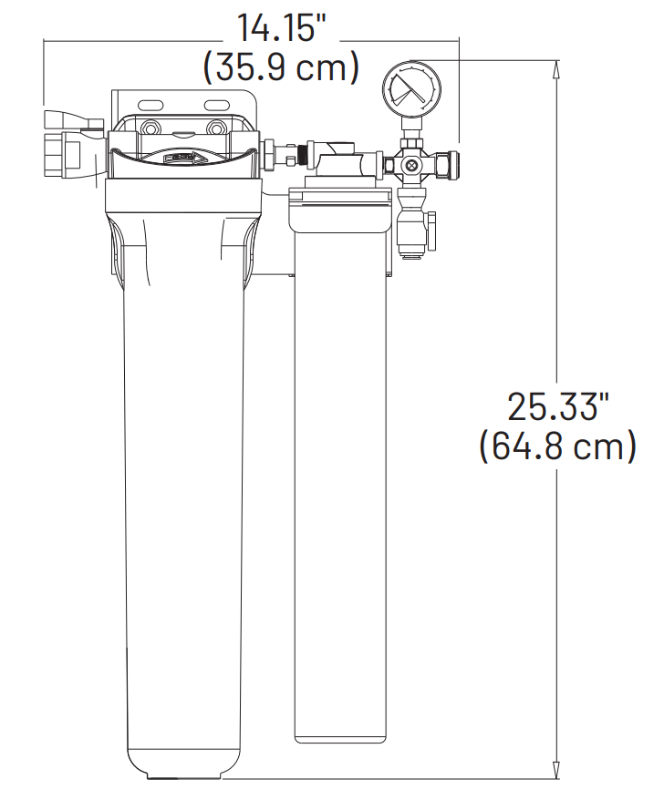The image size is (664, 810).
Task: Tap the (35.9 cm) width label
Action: (281, 67)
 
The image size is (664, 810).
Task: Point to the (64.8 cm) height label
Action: (557, 447)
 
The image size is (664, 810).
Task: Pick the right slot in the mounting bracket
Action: (220, 103)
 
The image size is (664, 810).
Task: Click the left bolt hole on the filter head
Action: (150, 128)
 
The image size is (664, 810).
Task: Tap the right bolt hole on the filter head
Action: (216, 128)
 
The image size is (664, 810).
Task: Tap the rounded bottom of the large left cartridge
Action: (184, 765)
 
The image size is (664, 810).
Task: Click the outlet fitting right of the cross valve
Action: (450, 165)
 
